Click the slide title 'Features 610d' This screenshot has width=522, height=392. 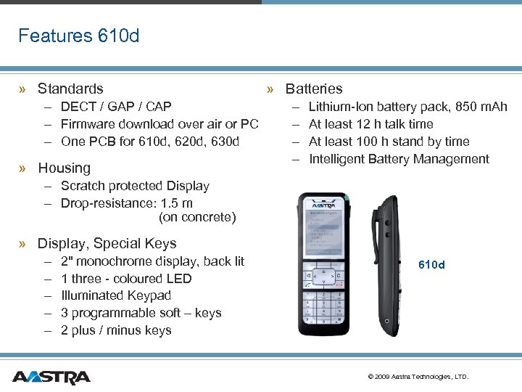tap(78, 36)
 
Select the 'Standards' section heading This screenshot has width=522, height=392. tap(70, 89)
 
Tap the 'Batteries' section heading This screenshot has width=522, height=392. tap(313, 89)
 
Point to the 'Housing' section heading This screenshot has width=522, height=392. tap(64, 168)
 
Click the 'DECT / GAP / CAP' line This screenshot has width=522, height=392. tap(116, 107)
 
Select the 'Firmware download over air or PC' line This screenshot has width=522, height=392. tap(159, 124)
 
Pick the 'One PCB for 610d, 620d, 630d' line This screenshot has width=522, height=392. tap(149, 142)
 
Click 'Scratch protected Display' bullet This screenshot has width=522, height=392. tap(135, 186)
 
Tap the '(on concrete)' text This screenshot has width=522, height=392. tap(197, 217)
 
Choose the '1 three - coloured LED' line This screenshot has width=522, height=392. tap(126, 278)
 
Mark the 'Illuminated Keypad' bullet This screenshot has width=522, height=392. tap(116, 295)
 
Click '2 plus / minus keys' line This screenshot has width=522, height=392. tap(116, 330)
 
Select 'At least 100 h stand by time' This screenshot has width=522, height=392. tap(389, 142)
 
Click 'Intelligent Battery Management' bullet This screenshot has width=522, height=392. tap(399, 159)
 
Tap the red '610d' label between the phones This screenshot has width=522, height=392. tap(432, 265)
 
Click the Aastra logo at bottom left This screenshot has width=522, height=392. tap(51, 377)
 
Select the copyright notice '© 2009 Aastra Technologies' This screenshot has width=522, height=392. tap(418, 377)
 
